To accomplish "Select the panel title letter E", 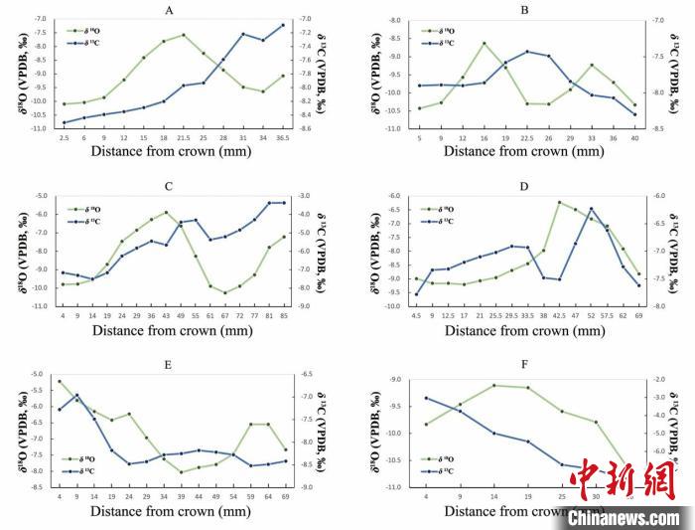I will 168,364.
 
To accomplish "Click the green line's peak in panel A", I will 184,35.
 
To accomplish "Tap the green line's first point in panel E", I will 60,381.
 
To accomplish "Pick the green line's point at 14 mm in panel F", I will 493,385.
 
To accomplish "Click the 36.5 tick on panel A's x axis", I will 282,137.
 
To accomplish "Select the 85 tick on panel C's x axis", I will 284,315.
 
